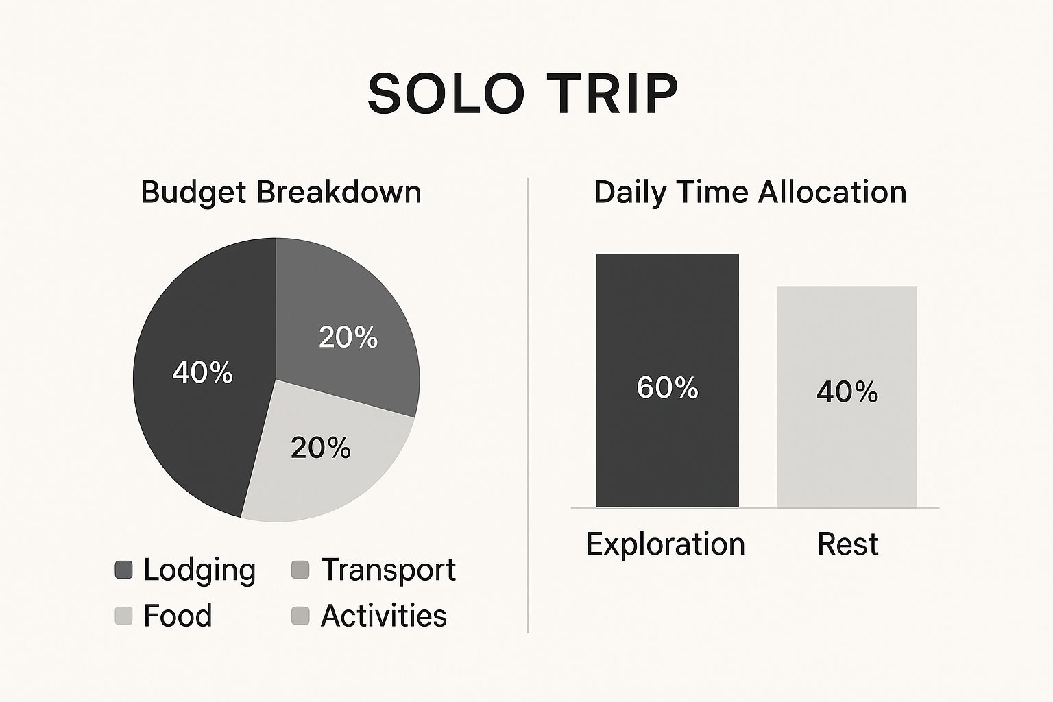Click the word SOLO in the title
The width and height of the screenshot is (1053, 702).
[446, 94]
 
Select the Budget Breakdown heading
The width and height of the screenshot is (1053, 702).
[281, 193]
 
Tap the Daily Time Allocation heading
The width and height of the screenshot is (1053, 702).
[750, 193]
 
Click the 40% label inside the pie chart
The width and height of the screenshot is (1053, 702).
[203, 373]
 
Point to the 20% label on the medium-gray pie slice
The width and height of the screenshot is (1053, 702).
[348, 337]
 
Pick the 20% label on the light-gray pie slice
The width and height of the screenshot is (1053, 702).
[321, 448]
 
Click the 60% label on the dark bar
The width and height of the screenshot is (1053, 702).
[667, 388]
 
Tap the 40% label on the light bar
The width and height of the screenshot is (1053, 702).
[847, 391]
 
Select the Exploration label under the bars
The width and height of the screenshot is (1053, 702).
[666, 544]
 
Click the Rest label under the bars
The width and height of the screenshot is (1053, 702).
[847, 544]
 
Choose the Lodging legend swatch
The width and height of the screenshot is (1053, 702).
[123, 570]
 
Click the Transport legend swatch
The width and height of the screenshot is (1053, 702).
[300, 570]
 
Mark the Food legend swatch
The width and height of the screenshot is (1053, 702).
[123, 616]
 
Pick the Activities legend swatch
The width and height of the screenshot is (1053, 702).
[300, 616]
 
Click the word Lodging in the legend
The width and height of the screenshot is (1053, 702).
[199, 571]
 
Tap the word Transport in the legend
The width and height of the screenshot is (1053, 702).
[388, 570]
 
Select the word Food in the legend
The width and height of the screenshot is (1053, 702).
[178, 616]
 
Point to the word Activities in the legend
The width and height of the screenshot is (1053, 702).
[384, 616]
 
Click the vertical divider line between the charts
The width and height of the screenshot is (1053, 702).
[528, 405]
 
